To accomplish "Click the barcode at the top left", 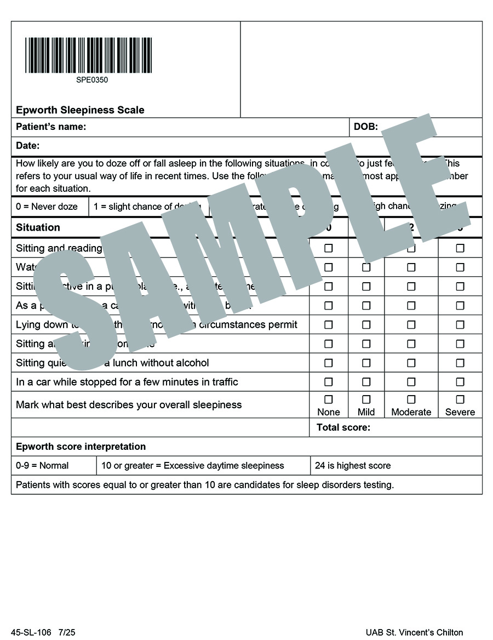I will (x=88, y=55).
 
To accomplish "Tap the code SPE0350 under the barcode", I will (x=92, y=80).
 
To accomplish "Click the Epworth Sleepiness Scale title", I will (x=80, y=110).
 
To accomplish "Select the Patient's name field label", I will (x=51, y=127).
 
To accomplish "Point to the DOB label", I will (x=365, y=127).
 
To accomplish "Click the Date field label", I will (x=28, y=146).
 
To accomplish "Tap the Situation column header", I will (x=38, y=227).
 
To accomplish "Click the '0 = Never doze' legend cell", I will (x=47, y=207).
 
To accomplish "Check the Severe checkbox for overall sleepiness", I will (x=460, y=399).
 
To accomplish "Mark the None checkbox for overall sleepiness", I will (x=329, y=399).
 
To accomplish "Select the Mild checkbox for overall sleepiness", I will (x=366, y=399).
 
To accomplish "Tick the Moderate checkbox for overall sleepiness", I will (x=411, y=399).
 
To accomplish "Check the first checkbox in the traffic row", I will (x=329, y=382).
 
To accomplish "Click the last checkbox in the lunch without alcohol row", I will (x=460, y=363).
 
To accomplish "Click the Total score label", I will (x=343, y=427).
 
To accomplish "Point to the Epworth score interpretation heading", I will (x=81, y=447).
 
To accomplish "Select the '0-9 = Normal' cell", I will (x=42, y=466).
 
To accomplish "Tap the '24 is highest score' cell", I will (x=353, y=466).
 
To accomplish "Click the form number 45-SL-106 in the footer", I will (x=34, y=632).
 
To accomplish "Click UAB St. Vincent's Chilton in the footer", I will (x=415, y=632).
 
